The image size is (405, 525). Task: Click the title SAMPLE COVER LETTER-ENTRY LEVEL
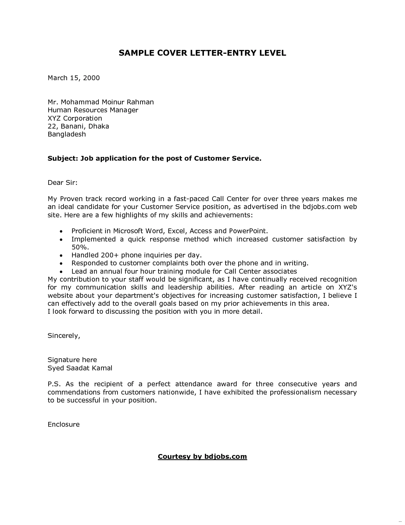202,53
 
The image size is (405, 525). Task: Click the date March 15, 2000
74,78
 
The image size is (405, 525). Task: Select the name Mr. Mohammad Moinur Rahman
101,102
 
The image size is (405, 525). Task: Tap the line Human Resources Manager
93,110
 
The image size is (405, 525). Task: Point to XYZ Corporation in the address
75,118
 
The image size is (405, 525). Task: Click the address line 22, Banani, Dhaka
78,126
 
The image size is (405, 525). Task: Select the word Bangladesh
67,134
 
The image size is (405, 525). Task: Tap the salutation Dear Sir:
63,183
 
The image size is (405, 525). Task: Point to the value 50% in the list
79,247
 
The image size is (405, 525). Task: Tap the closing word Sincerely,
64,336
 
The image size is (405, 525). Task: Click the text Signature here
72,360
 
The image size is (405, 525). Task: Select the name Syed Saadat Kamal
80,368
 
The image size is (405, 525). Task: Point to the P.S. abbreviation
53,384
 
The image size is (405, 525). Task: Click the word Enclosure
64,424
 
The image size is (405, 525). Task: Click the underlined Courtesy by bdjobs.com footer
202,457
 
